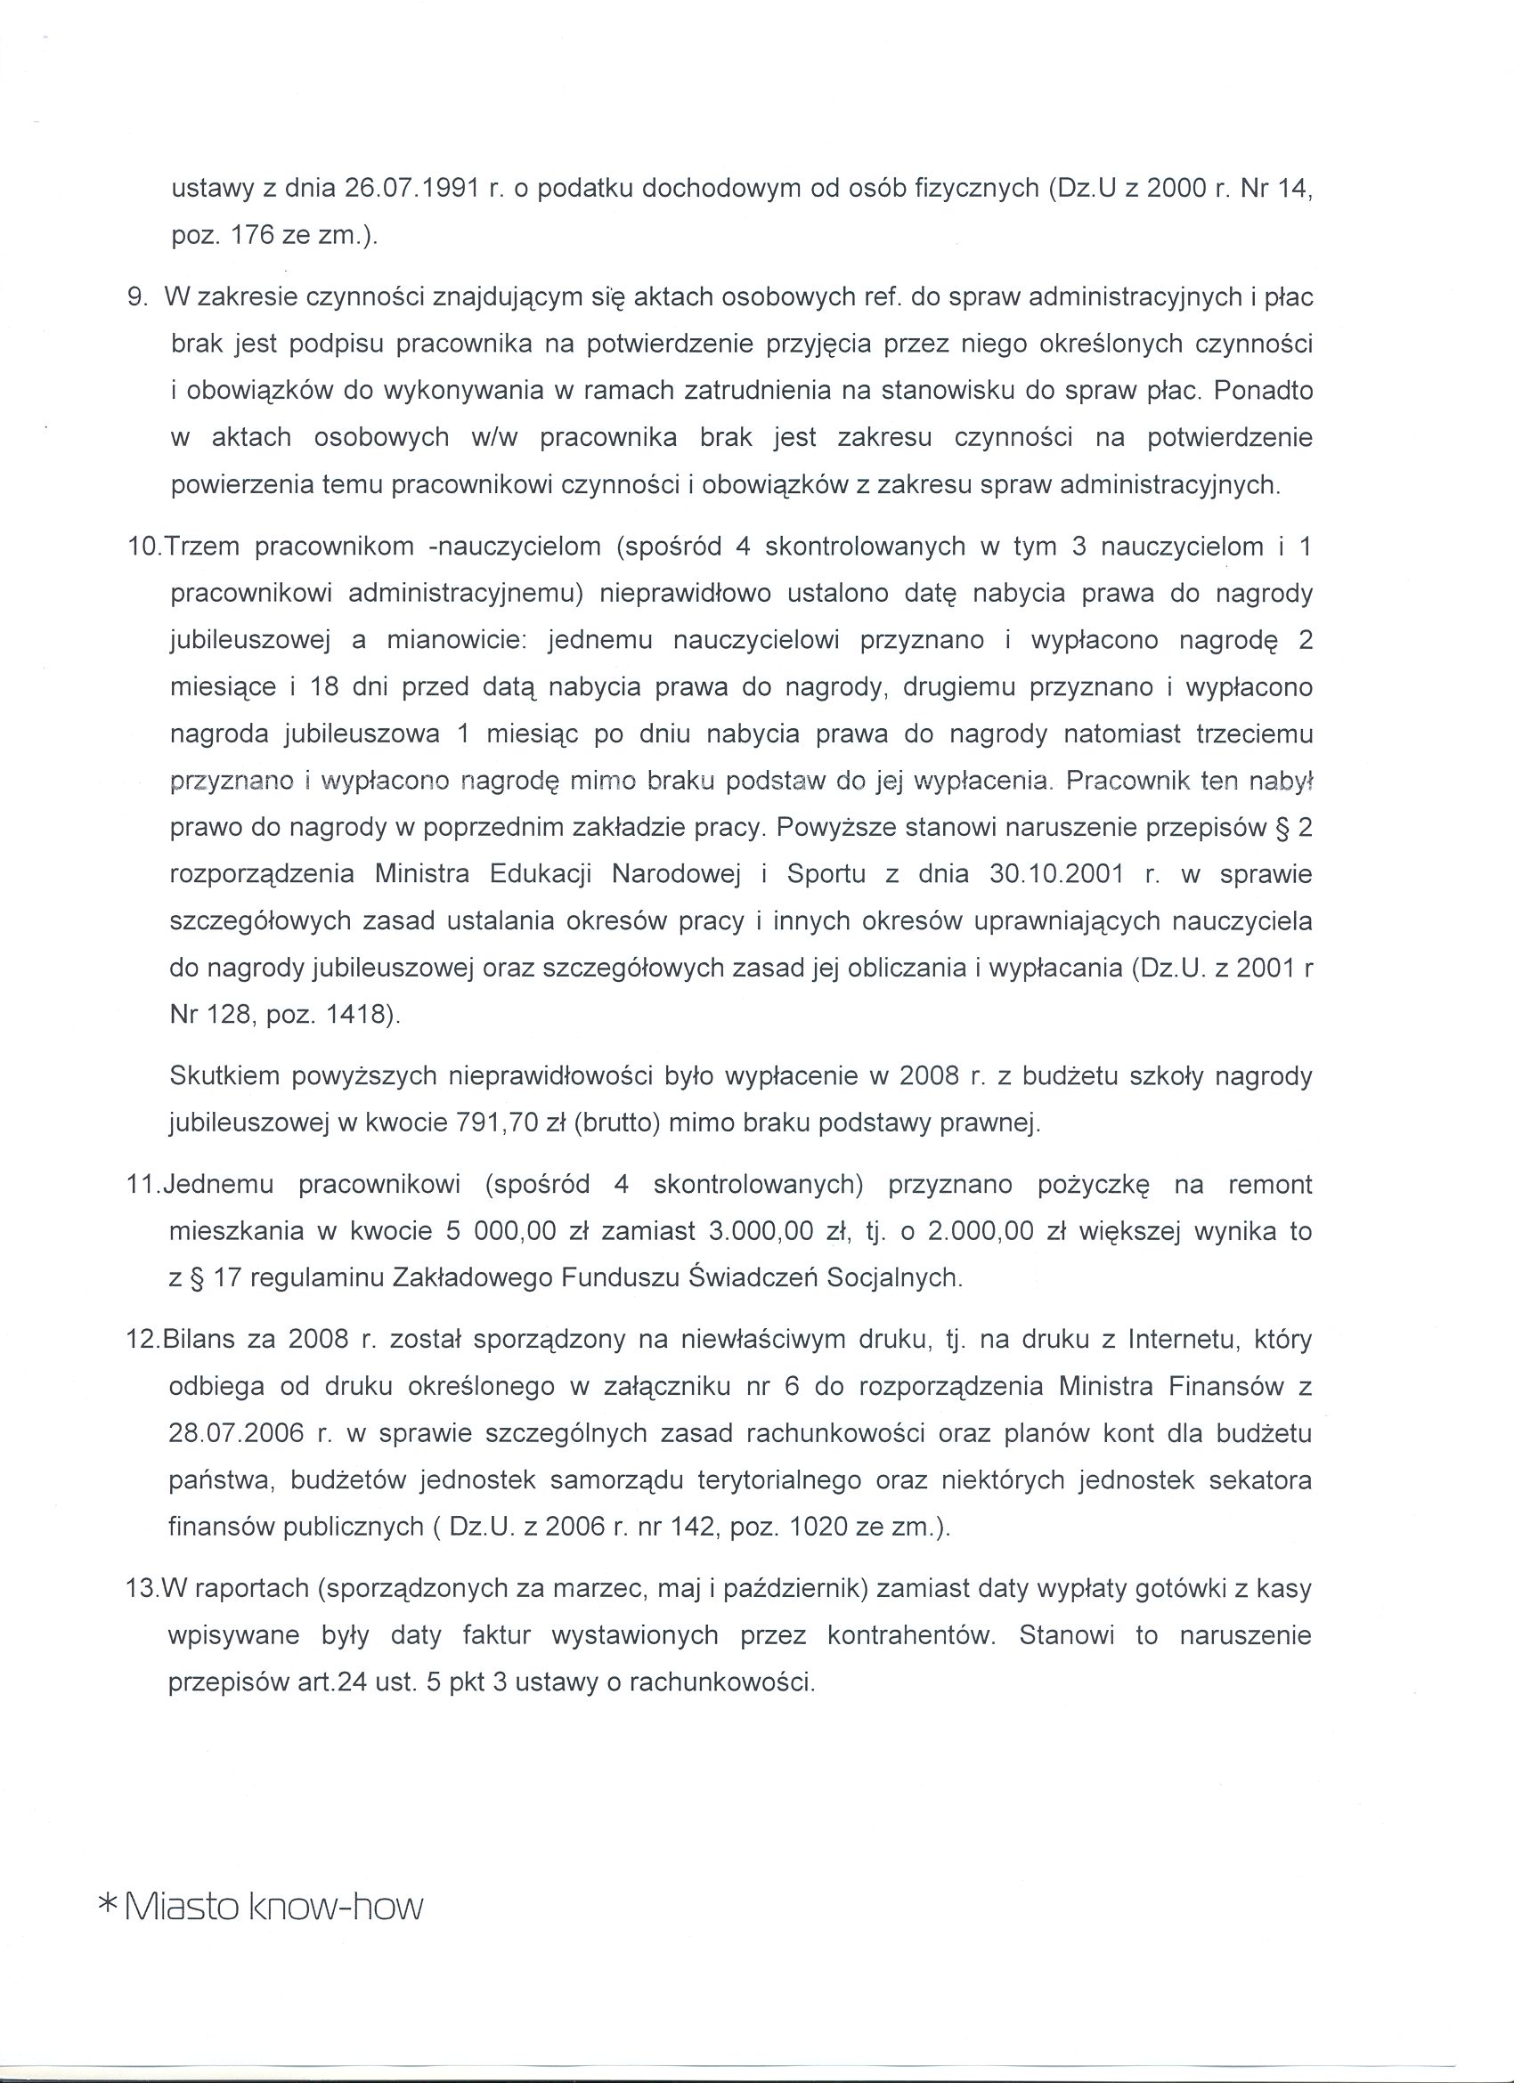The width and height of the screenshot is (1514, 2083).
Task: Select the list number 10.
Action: pyautogui.click(x=143, y=547)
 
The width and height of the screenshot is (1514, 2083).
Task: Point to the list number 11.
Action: pyautogui.click(x=142, y=1185)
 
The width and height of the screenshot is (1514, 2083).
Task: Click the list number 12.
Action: pyautogui.click(x=142, y=1340)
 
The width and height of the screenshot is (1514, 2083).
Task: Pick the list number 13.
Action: pyautogui.click(x=142, y=1588)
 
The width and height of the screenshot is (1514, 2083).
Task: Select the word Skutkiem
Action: pyautogui.click(x=224, y=1076)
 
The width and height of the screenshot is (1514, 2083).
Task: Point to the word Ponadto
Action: pyautogui.click(x=1262, y=392)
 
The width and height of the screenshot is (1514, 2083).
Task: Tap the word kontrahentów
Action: pyautogui.click(x=910, y=1636)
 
